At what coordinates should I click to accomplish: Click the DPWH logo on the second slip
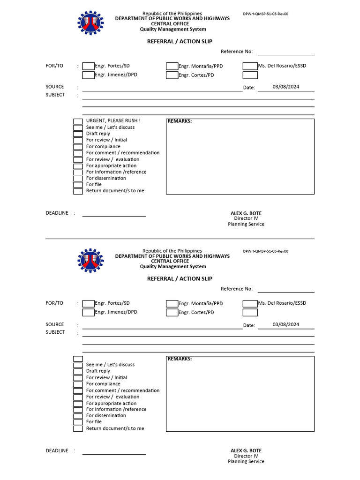[91, 261]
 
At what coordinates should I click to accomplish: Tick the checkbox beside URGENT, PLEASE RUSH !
[78, 121]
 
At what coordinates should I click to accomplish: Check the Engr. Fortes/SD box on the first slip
[88, 66]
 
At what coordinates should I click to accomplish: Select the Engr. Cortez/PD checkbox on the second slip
[172, 313]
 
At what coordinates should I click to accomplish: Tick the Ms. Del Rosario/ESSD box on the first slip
[250, 66]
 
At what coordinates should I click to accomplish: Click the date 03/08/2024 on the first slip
[285, 87]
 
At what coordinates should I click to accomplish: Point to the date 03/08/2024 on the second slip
[285, 324]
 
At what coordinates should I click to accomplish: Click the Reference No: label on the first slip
[237, 52]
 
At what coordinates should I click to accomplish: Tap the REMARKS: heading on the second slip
[180, 359]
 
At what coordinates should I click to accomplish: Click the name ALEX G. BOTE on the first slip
[246, 213]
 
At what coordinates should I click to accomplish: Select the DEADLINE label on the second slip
[57, 450]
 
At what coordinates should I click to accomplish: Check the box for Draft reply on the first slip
[78, 134]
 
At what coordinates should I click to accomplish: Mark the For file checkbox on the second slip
[78, 422]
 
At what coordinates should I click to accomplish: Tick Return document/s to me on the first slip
[78, 191]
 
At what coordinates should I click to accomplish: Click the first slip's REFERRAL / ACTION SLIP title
[180, 42]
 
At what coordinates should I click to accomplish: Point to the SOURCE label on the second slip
[55, 324]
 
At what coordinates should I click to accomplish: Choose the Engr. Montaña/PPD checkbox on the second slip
[172, 304]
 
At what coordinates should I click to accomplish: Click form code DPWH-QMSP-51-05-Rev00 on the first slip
[265, 14]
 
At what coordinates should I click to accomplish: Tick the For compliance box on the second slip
[78, 384]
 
